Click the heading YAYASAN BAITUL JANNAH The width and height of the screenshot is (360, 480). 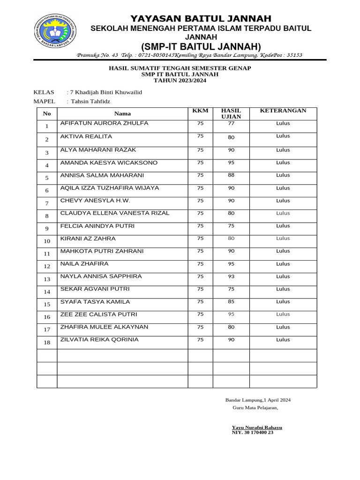click(201, 18)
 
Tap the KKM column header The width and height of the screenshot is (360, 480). click(200, 111)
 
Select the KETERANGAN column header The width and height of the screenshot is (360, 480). click(283, 111)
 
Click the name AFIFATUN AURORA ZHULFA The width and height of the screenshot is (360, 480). click(105, 123)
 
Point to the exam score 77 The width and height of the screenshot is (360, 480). click(231, 124)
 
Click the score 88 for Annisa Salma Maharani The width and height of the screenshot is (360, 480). click(231, 175)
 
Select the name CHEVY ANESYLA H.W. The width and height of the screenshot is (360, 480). click(95, 201)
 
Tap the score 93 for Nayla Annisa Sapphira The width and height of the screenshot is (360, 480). click(231, 277)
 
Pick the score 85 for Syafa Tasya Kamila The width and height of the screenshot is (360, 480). click(231, 302)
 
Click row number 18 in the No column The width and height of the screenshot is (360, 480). click(47, 343)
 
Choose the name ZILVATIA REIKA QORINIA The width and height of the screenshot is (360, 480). click(99, 339)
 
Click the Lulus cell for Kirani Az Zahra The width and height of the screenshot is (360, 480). click(283, 239)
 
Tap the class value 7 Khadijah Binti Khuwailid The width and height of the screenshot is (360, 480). click(105, 92)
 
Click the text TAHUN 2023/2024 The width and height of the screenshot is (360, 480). click(180, 81)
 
